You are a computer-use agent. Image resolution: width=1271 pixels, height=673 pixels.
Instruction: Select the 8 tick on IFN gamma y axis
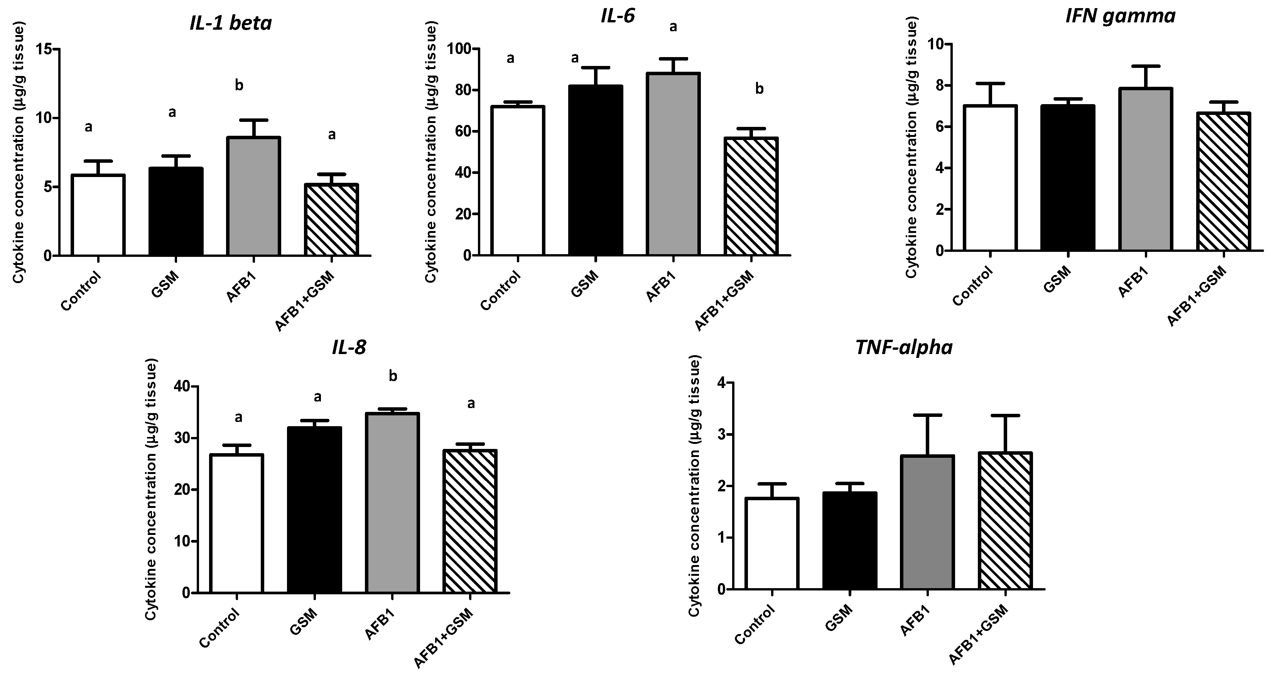pyautogui.click(x=939, y=86)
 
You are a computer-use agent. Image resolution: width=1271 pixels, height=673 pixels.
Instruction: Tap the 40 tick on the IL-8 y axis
pyautogui.click(x=181, y=386)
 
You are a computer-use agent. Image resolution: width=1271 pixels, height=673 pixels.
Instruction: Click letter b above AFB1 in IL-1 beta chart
pyautogui.click(x=239, y=85)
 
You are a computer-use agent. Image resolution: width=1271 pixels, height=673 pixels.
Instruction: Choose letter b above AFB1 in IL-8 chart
pyautogui.click(x=393, y=376)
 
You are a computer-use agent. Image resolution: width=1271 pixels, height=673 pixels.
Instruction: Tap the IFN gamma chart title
pyautogui.click(x=1119, y=16)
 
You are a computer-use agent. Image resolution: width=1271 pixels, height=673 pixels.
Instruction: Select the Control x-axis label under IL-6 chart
pyautogui.click(x=501, y=291)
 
